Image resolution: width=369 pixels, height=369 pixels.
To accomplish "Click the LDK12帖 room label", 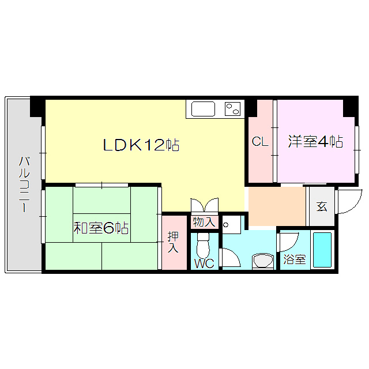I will click(x=141, y=145).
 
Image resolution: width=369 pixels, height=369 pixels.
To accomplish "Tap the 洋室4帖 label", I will click(x=315, y=141).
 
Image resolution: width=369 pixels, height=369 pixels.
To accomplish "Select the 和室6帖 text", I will click(x=101, y=228).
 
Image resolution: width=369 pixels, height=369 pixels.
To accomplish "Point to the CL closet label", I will click(x=260, y=141).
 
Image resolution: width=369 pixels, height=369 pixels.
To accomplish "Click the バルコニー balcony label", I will click(x=24, y=184).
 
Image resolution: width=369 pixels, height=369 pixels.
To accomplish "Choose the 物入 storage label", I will click(x=204, y=221).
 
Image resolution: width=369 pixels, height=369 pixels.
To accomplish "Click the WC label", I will click(x=204, y=263).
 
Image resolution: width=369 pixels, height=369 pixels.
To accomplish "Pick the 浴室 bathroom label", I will click(x=294, y=260).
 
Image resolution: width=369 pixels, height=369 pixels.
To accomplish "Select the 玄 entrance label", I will click(x=322, y=206).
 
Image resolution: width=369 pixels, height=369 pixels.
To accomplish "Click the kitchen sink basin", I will click(x=202, y=109).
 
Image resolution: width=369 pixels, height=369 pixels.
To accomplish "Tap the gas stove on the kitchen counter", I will click(x=233, y=108).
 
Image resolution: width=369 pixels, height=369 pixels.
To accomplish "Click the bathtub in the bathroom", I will click(x=322, y=249).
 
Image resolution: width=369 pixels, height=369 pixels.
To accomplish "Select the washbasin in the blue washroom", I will click(x=265, y=261).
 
